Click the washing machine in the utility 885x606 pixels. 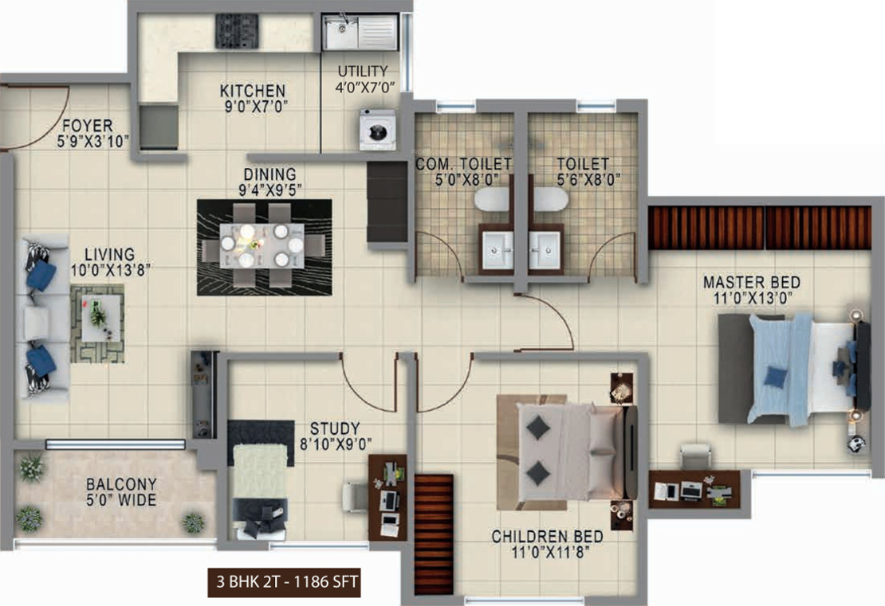(x=378, y=130)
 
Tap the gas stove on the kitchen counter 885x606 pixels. (x=237, y=31)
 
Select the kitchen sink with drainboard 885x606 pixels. (x=360, y=32)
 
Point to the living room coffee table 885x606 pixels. (x=101, y=319)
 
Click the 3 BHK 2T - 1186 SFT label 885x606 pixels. (x=287, y=581)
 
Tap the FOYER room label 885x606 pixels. (x=88, y=125)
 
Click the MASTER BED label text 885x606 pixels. (x=751, y=282)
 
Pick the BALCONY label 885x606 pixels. (x=121, y=484)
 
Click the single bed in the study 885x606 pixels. (x=260, y=479)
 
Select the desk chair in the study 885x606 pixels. (x=355, y=497)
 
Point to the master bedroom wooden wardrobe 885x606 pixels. (x=760, y=228)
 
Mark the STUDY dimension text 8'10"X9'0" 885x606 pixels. (x=336, y=444)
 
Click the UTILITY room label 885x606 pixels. (x=362, y=72)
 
